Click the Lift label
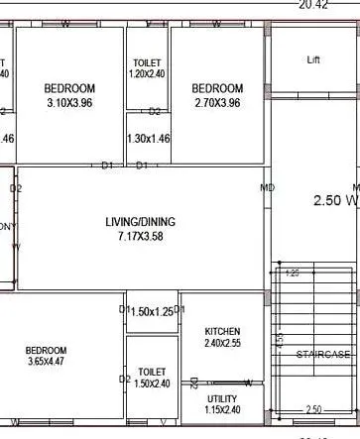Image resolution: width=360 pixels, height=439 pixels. pyautogui.click(x=314, y=60)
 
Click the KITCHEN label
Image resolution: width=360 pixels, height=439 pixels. pyautogui.click(x=222, y=331)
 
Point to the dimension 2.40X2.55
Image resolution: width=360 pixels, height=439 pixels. pyautogui.click(x=222, y=344)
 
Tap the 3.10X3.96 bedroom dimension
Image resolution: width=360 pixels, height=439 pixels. pyautogui.click(x=70, y=102)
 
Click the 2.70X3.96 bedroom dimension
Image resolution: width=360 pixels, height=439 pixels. pyautogui.click(x=217, y=102)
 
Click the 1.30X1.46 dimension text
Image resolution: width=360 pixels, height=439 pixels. pyautogui.click(x=149, y=140)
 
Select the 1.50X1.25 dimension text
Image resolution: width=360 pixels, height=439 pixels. pyautogui.click(x=151, y=312)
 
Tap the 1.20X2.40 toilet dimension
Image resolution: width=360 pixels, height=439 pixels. pyautogui.click(x=147, y=74)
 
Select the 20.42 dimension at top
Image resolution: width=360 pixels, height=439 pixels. pyautogui.click(x=312, y=5)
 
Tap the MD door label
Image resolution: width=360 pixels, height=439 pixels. pyautogui.click(x=267, y=187)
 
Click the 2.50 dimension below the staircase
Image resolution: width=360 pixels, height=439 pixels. pyautogui.click(x=313, y=408)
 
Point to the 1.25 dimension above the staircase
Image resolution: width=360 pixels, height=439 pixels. pyautogui.click(x=292, y=272)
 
